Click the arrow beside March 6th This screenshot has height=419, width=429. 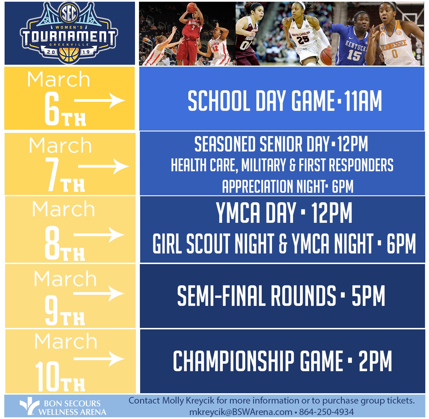[x=100, y=101]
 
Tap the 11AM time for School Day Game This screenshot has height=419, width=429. [x=363, y=101]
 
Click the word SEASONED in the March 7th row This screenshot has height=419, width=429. [x=225, y=144]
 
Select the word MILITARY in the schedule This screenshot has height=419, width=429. [x=263, y=165]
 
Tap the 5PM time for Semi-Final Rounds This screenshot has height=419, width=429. [x=368, y=296]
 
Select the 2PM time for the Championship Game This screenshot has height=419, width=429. [x=375, y=361]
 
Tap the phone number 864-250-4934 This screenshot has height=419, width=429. [x=326, y=412]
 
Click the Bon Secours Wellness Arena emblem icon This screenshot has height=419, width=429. [x=29, y=406]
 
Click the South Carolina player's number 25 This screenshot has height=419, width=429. [x=303, y=40]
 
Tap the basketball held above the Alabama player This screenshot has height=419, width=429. [x=192, y=7]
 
